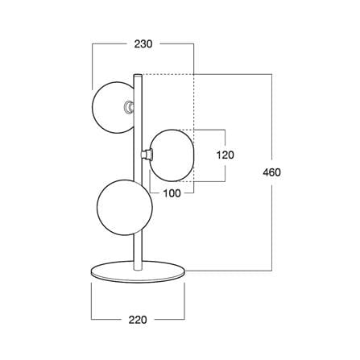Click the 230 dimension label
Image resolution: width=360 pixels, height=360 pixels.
143,43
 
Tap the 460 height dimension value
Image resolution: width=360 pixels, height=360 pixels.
271,172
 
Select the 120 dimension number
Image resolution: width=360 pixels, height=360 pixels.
226,155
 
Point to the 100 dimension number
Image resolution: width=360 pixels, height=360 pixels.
172,193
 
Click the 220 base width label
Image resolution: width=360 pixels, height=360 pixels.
138,320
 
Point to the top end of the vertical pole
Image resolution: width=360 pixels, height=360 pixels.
138,75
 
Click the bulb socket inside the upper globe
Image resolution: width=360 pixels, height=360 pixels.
130,107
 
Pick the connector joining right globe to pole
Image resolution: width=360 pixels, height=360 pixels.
147,155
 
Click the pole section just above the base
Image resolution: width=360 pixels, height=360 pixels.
138,252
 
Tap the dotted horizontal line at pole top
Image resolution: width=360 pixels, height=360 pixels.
168,74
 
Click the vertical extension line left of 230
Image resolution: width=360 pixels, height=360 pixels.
93,67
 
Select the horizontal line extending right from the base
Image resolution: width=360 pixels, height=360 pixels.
229,271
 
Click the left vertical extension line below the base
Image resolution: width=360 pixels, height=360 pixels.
92,301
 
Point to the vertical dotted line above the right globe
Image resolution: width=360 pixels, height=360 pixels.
193,102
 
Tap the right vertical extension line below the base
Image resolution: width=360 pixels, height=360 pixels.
184,301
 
